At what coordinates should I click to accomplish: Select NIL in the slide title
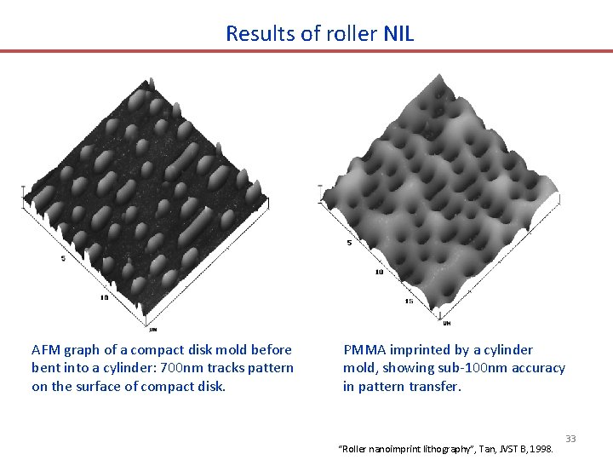[x=398, y=34]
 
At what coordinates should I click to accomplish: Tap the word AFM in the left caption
[x=45, y=349]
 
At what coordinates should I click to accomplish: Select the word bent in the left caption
[x=45, y=368]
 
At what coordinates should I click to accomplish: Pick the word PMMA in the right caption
[x=364, y=349]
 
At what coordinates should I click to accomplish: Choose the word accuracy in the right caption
[x=536, y=368]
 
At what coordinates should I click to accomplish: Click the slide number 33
[x=570, y=439]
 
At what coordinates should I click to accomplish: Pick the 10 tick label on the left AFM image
[x=104, y=297]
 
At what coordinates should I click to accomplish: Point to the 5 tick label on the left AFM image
[x=62, y=258]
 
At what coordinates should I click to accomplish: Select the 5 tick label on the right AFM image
[x=348, y=243]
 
